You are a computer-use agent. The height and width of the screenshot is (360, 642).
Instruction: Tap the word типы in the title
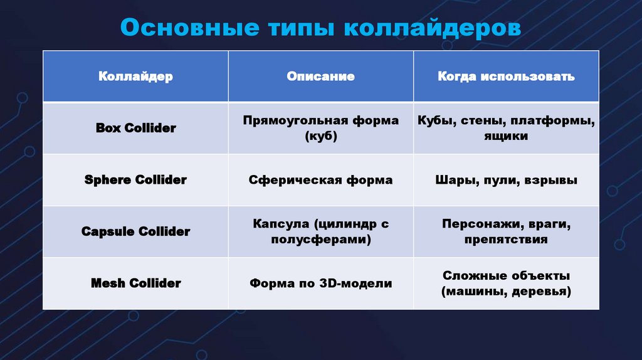click(289, 28)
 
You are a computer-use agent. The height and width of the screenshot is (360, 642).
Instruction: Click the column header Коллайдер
click(135, 77)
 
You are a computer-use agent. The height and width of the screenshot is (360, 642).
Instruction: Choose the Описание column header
click(320, 77)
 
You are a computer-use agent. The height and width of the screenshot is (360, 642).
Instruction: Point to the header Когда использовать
click(506, 77)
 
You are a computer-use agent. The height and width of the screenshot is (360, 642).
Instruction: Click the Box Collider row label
click(135, 128)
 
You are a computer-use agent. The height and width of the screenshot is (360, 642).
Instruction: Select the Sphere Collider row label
click(135, 180)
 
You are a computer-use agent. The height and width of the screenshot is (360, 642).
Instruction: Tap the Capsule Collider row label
click(135, 231)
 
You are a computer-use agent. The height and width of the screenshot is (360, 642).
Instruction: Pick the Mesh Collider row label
click(135, 283)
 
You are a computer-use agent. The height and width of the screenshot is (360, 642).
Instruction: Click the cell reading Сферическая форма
click(320, 180)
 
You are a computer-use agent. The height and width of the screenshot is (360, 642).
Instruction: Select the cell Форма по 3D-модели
click(320, 283)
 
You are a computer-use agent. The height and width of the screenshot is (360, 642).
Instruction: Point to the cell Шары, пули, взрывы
click(506, 180)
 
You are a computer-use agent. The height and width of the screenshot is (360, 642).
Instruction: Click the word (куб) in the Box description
click(320, 136)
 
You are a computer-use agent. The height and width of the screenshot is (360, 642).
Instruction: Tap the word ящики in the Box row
click(506, 136)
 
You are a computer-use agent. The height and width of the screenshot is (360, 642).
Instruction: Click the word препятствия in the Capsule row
click(506, 240)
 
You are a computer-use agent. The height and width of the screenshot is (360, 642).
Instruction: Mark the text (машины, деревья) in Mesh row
click(506, 292)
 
